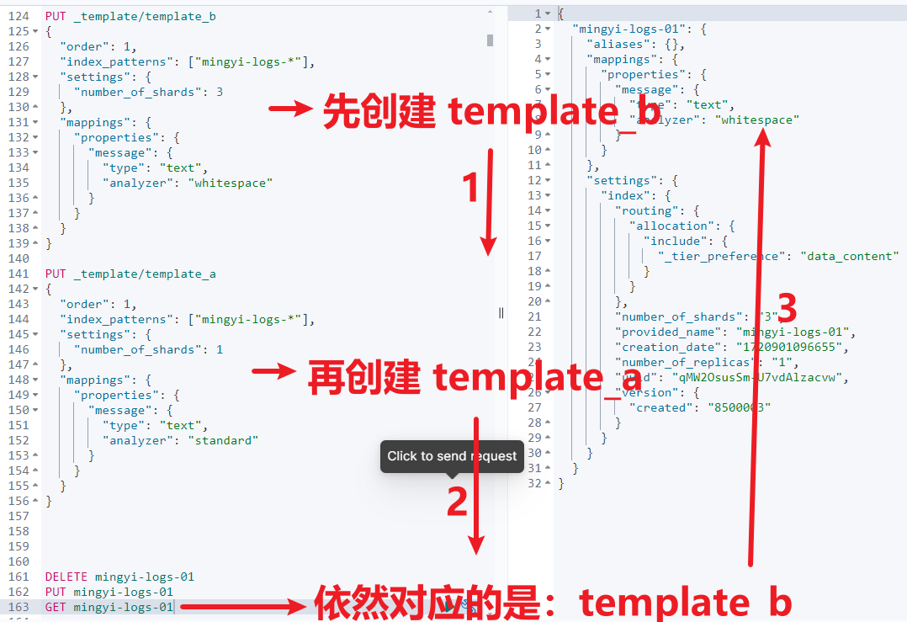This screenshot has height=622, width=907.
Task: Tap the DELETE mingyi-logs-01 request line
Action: pyautogui.click(x=119, y=577)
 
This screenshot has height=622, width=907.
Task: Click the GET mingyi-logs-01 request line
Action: pyautogui.click(x=109, y=607)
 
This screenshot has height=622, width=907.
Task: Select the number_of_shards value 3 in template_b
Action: pyautogui.click(x=220, y=92)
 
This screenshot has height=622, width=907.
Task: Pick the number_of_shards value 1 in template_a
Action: pyautogui.click(x=220, y=349)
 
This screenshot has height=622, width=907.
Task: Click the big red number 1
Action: pyautogui.click(x=471, y=188)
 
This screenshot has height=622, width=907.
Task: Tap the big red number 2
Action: pyautogui.click(x=457, y=502)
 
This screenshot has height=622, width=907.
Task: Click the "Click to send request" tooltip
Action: pyautogui.click(x=452, y=456)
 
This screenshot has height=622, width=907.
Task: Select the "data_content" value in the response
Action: pyautogui.click(x=850, y=256)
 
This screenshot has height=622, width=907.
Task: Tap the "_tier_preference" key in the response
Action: pyautogui.click(x=722, y=256)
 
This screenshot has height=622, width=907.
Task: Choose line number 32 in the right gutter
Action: pyautogui.click(x=534, y=483)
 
